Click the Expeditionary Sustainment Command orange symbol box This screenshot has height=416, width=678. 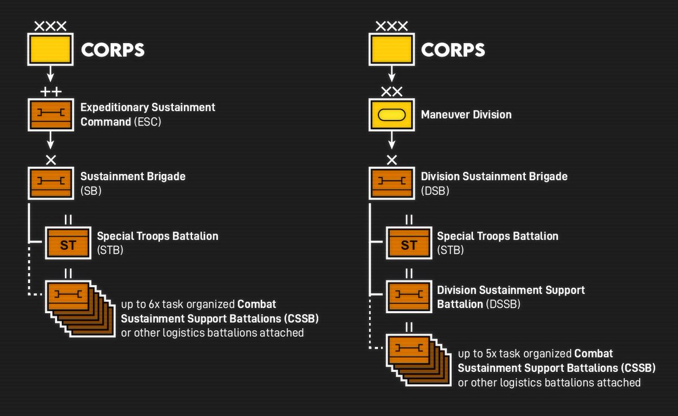[x=51, y=115]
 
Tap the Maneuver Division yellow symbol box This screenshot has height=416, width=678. [x=392, y=115]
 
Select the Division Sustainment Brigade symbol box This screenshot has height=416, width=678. [x=392, y=183]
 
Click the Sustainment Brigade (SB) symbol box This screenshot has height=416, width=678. [x=51, y=183]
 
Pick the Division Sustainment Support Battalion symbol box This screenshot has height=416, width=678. [x=409, y=297]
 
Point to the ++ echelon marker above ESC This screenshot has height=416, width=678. [x=51, y=92]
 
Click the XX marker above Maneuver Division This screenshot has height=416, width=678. [x=392, y=92]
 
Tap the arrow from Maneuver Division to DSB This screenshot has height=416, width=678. [x=392, y=140]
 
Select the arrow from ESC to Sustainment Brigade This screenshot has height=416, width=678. [x=50, y=140]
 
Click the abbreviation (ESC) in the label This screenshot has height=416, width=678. [x=147, y=122]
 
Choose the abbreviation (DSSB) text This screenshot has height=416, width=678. [x=503, y=304]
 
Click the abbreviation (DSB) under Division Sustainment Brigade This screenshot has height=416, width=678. [x=435, y=190]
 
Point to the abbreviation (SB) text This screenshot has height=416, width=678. [x=91, y=190]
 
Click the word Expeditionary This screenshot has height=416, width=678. [x=114, y=108]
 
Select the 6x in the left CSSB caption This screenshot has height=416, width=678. [x=154, y=304]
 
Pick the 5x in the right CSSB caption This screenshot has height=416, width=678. [x=490, y=354]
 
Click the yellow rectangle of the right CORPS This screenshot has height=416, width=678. [x=392, y=49]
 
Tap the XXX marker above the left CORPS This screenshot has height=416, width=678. [x=50, y=27]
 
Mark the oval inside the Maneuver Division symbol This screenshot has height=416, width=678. [x=392, y=115]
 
